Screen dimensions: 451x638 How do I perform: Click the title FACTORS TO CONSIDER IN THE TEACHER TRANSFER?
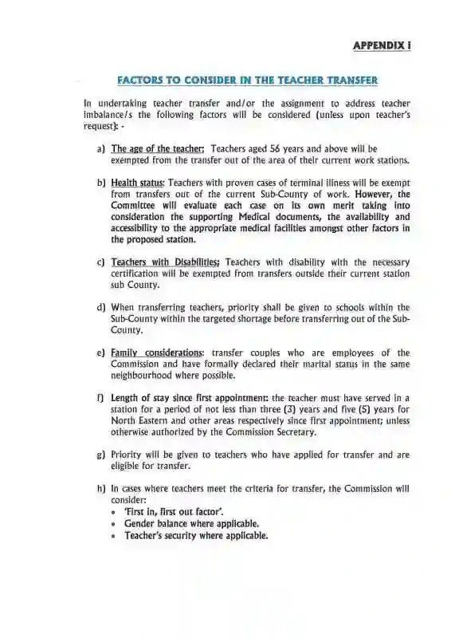click(247, 80)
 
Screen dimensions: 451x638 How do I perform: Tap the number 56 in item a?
click(275, 148)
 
